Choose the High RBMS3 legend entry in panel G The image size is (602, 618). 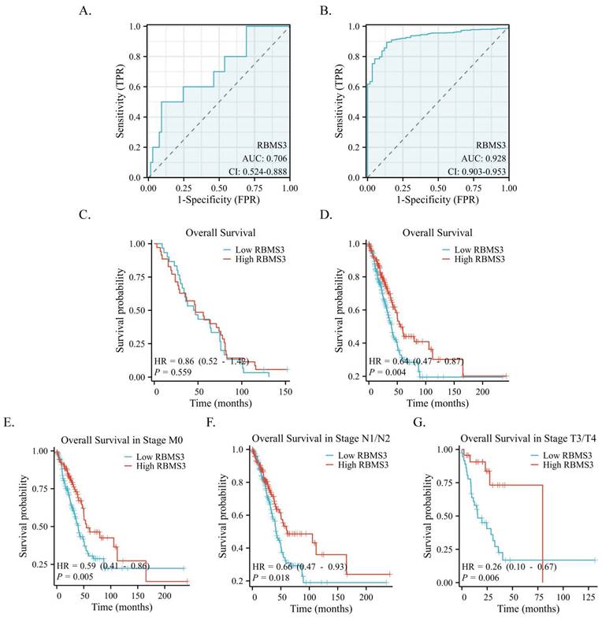(x=565, y=464)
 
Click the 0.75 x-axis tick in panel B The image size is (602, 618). (x=472, y=189)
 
